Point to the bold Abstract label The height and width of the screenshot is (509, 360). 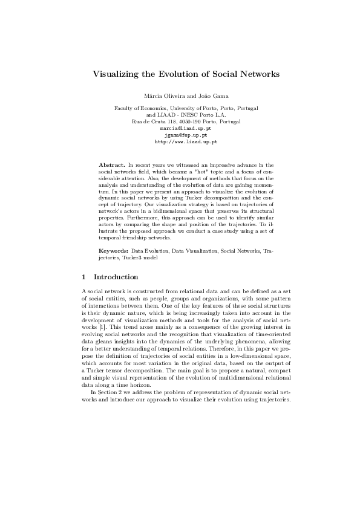(111, 164)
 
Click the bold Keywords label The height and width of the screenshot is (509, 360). (113, 250)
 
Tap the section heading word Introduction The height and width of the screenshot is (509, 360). (116, 277)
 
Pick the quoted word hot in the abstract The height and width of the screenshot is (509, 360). (185, 171)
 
